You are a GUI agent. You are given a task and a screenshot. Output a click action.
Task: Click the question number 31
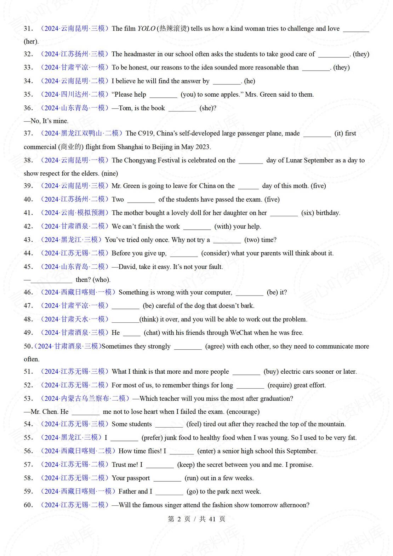pyautogui.click(x=28, y=29)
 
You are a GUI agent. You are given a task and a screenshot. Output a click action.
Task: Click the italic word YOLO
pyautogui.click(x=146, y=29)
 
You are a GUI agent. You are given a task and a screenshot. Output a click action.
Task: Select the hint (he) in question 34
pyautogui.click(x=250, y=81)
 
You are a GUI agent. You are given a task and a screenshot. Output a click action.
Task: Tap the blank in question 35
pyautogui.click(x=163, y=95)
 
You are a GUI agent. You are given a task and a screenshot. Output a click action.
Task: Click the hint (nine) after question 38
pyautogui.click(x=110, y=173)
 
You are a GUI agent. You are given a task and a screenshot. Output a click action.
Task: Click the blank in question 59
pyautogui.click(x=169, y=492)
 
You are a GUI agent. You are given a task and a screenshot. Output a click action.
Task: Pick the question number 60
pyautogui.click(x=28, y=505)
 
